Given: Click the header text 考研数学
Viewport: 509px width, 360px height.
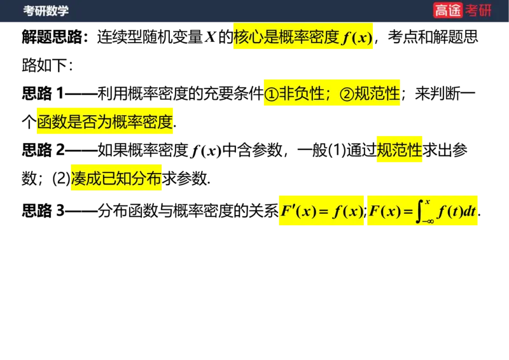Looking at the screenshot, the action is [x=46, y=11].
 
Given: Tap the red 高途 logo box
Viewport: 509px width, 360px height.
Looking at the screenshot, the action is [x=448, y=10].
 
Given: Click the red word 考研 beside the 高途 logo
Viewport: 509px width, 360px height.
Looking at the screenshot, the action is [x=478, y=10].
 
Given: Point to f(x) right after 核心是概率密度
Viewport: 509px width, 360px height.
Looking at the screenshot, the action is [x=356, y=38].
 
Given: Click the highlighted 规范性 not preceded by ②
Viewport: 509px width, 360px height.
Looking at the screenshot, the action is [x=400, y=150].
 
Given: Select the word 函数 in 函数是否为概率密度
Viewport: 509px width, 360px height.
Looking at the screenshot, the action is [x=52, y=123].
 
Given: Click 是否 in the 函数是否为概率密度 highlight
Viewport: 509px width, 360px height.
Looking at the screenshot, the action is [x=97, y=123].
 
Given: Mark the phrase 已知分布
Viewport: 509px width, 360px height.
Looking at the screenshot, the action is [x=132, y=179].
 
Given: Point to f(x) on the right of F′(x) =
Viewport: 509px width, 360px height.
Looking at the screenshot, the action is [x=348, y=211].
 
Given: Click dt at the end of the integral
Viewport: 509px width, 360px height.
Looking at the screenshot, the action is [x=470, y=211].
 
